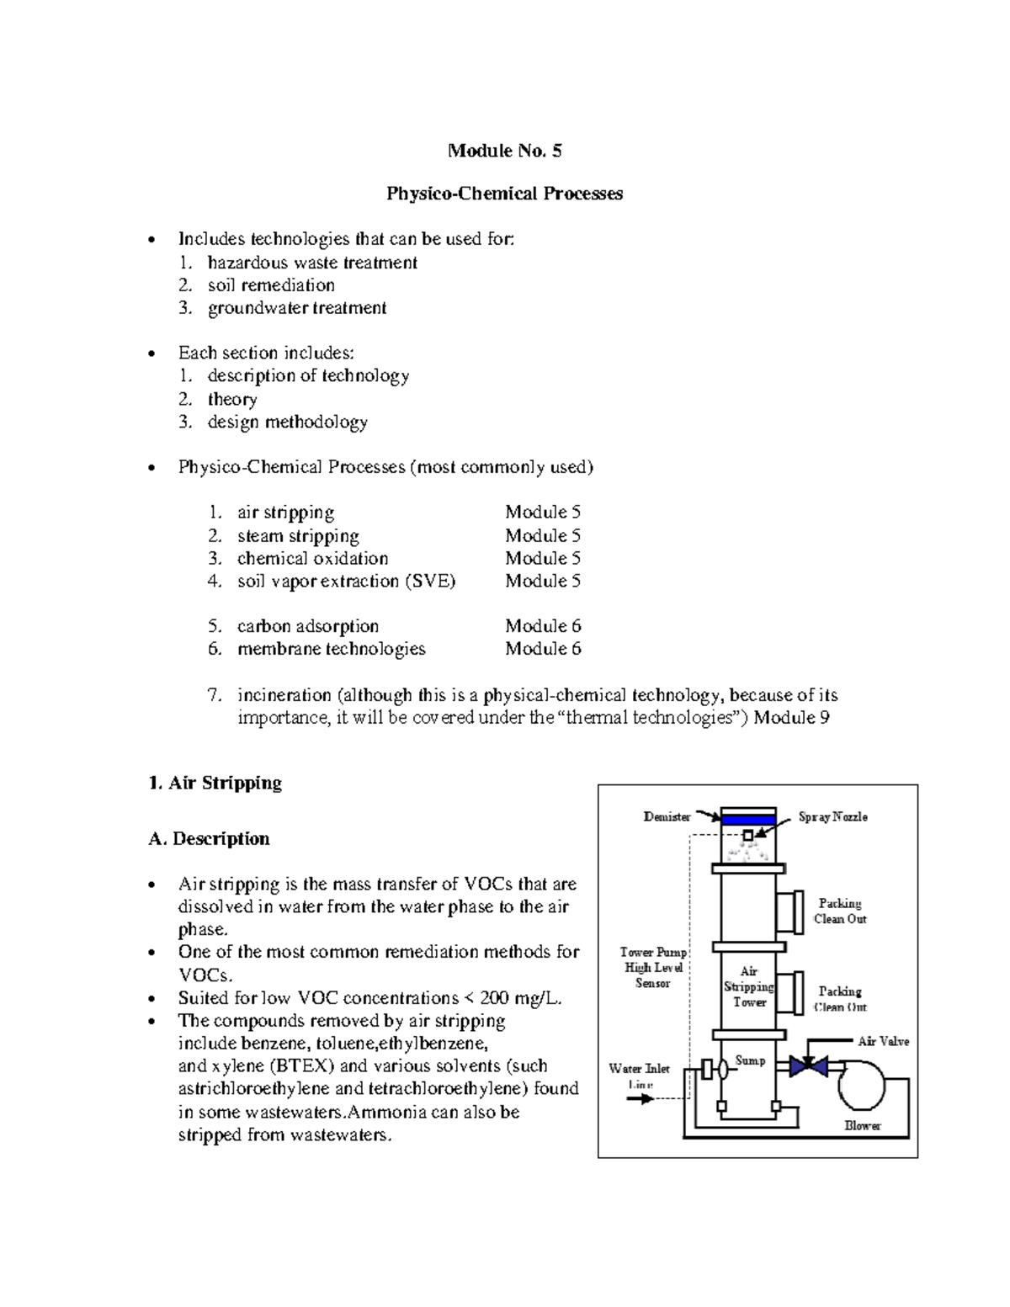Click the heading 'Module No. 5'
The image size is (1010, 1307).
504,151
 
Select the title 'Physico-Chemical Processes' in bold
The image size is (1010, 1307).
504,194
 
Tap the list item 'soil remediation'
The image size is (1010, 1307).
271,285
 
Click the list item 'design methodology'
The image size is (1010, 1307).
287,422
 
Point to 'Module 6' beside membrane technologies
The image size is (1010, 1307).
543,649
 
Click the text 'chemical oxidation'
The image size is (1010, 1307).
312,559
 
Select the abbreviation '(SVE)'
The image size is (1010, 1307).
429,582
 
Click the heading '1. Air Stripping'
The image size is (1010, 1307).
215,783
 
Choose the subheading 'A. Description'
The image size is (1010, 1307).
209,839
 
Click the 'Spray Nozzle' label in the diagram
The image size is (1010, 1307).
832,816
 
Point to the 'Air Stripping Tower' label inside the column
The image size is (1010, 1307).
748,986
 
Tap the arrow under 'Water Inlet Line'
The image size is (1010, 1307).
641,1099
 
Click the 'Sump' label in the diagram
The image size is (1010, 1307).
750,1060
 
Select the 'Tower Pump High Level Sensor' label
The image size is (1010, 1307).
653,968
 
